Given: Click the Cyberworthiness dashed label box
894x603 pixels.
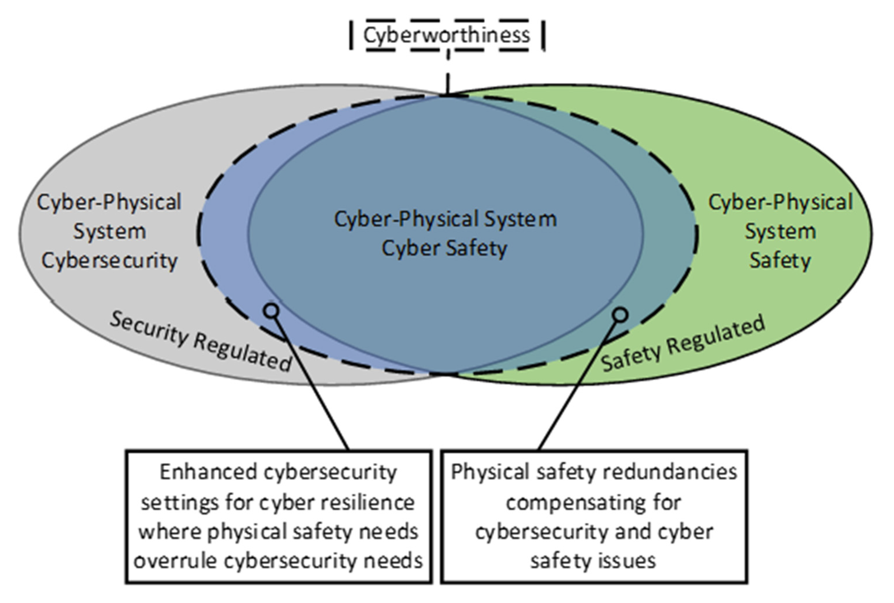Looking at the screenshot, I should [446, 35].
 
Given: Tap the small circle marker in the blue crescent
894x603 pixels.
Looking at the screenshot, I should [271, 310].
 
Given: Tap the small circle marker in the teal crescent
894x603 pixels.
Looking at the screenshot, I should [620, 315].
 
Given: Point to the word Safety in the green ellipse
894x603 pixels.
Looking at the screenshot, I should [780, 261].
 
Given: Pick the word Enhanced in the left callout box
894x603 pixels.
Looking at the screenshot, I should [208, 472].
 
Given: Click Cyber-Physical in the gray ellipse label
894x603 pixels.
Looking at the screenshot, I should [109, 202].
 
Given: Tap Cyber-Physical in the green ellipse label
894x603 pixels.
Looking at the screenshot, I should [780, 202].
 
